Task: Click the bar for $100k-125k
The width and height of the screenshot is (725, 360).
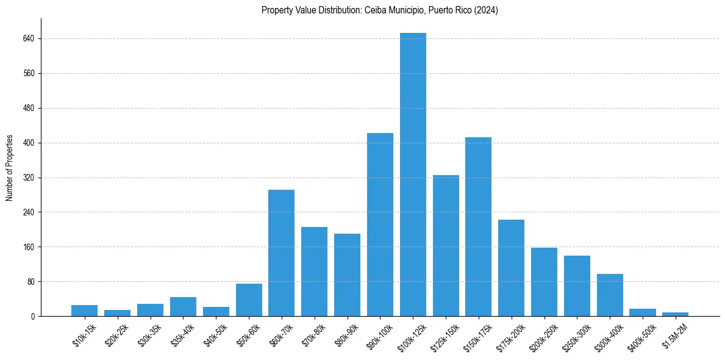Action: [413, 175]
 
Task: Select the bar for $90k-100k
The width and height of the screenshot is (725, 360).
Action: [380, 225]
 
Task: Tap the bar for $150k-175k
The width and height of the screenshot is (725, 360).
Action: [478, 227]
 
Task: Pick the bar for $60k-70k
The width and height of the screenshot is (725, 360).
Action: [282, 253]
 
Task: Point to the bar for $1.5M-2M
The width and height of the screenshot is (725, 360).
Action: [675, 314]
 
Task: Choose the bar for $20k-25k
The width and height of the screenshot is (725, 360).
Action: [117, 313]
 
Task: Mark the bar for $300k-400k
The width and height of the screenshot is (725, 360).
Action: [610, 295]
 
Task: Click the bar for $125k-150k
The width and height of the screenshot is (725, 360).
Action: [446, 246]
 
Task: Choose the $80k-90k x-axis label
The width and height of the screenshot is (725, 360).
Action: [346, 334]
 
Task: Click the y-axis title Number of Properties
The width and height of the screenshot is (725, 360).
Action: [10, 168]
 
